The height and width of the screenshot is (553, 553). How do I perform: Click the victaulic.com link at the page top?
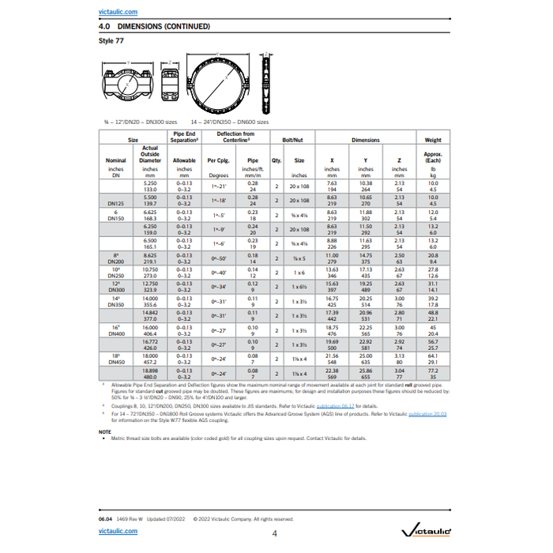tap(115, 13)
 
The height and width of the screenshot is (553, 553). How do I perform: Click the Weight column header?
tap(433, 140)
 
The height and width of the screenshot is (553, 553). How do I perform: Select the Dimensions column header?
tap(365, 140)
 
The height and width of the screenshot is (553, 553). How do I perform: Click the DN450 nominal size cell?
tap(116, 359)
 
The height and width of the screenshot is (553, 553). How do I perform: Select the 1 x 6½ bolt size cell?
tap(299, 287)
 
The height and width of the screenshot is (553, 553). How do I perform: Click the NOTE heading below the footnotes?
tap(105, 431)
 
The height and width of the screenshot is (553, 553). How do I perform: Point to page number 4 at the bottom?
tap(274, 533)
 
